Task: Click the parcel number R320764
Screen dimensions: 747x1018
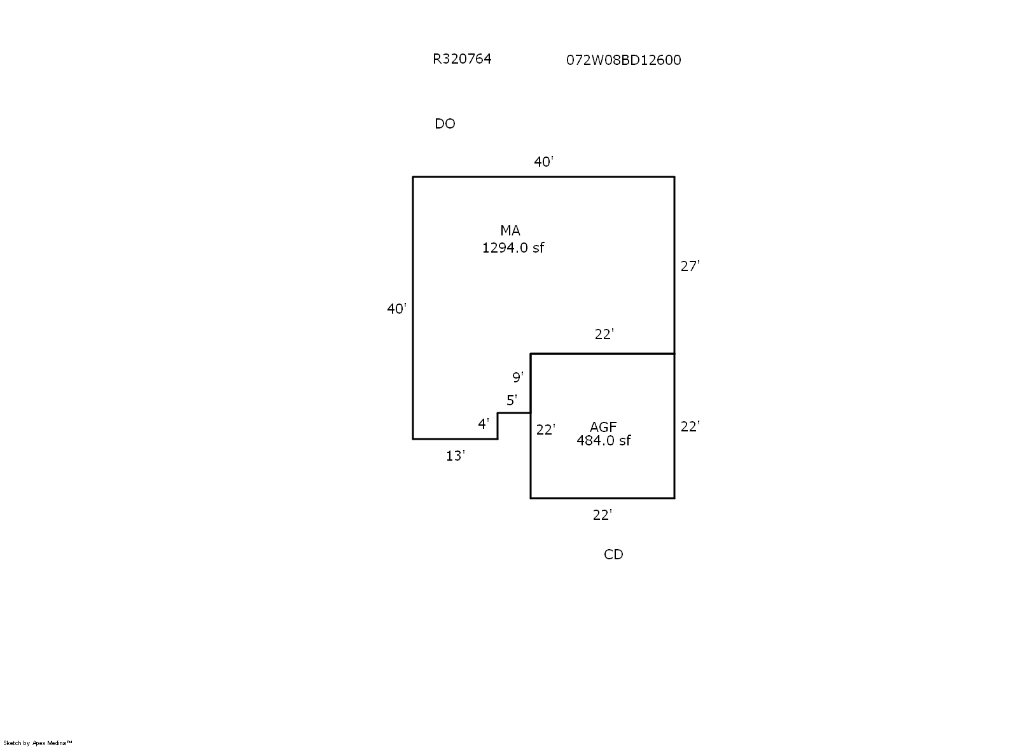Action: click(x=462, y=59)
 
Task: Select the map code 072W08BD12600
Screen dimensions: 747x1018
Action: click(x=624, y=60)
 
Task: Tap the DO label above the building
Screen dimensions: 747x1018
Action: click(x=445, y=124)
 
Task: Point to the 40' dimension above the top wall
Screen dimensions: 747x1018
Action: click(x=543, y=162)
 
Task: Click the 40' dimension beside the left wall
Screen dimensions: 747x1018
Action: click(x=396, y=309)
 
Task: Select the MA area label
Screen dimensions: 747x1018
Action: click(x=510, y=231)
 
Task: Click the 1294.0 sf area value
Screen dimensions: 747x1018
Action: click(x=513, y=248)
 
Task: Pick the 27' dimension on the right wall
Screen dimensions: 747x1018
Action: click(x=690, y=267)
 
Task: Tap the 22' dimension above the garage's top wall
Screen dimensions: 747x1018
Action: click(x=604, y=334)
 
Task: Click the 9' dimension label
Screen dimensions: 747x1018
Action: click(x=518, y=378)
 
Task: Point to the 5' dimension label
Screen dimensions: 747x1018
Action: click(x=512, y=401)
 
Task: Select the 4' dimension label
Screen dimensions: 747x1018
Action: click(x=484, y=424)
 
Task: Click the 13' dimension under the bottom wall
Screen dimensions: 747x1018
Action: click(x=455, y=456)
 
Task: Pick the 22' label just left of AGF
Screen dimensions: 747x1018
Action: click(x=545, y=430)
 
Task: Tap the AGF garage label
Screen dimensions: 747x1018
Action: click(x=603, y=427)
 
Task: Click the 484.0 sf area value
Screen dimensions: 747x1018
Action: click(x=603, y=441)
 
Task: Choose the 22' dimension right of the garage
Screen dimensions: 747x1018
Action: click(x=690, y=427)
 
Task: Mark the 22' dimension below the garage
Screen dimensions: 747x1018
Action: click(x=602, y=515)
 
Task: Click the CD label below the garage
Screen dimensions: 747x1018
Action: click(x=613, y=555)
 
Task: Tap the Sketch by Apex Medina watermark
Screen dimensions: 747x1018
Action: click(x=38, y=743)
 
